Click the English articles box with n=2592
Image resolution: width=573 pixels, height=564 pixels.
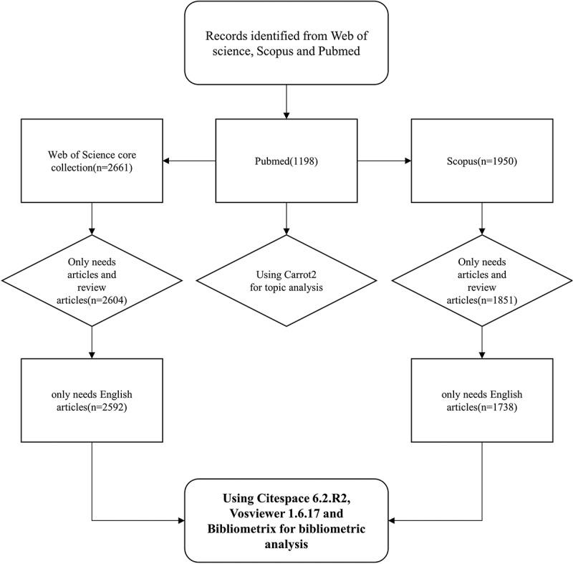coord(92,401)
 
